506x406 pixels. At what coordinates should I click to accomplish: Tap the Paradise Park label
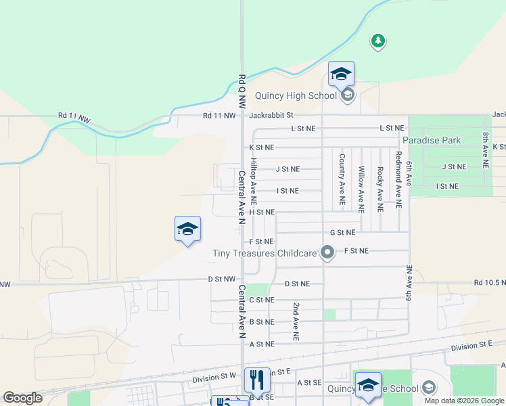pos(432,140)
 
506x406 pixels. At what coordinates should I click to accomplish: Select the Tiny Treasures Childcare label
pos(264,253)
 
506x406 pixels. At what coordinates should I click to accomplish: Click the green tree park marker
pos(378,41)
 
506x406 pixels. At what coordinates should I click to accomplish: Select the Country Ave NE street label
pos(342,180)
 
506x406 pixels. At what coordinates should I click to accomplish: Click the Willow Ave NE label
pos(361,189)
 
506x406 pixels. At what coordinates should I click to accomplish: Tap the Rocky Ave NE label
pos(380,188)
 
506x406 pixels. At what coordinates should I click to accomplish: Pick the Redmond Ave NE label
pos(399,179)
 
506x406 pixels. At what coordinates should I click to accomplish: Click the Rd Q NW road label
pos(241,91)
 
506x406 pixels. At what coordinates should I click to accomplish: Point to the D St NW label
pos(221,279)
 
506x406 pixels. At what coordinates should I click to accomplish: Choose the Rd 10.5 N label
pos(489,282)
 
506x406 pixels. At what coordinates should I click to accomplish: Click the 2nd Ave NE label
pos(296,321)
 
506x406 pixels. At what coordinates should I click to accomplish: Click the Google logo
pos(22,398)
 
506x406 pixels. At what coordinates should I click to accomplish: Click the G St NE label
pos(342,233)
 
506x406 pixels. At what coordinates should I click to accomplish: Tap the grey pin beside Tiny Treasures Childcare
pos(328,253)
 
